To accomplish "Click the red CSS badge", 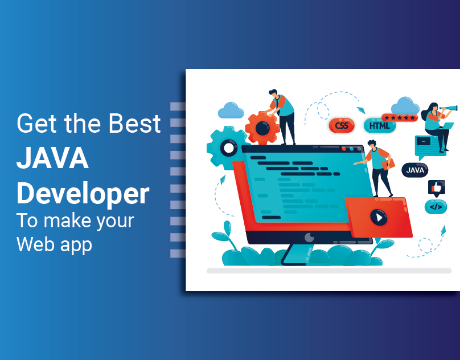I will (x=342, y=125).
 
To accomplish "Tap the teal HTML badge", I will (x=380, y=125).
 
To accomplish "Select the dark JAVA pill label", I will (x=415, y=170).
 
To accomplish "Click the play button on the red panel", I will (x=376, y=216).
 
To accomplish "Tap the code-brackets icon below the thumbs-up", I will (x=436, y=207).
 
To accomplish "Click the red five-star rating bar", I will (x=399, y=117).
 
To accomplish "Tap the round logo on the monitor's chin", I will (x=309, y=237).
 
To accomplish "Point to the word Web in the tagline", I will (x=35, y=244).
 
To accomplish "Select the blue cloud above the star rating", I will (x=405, y=106).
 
